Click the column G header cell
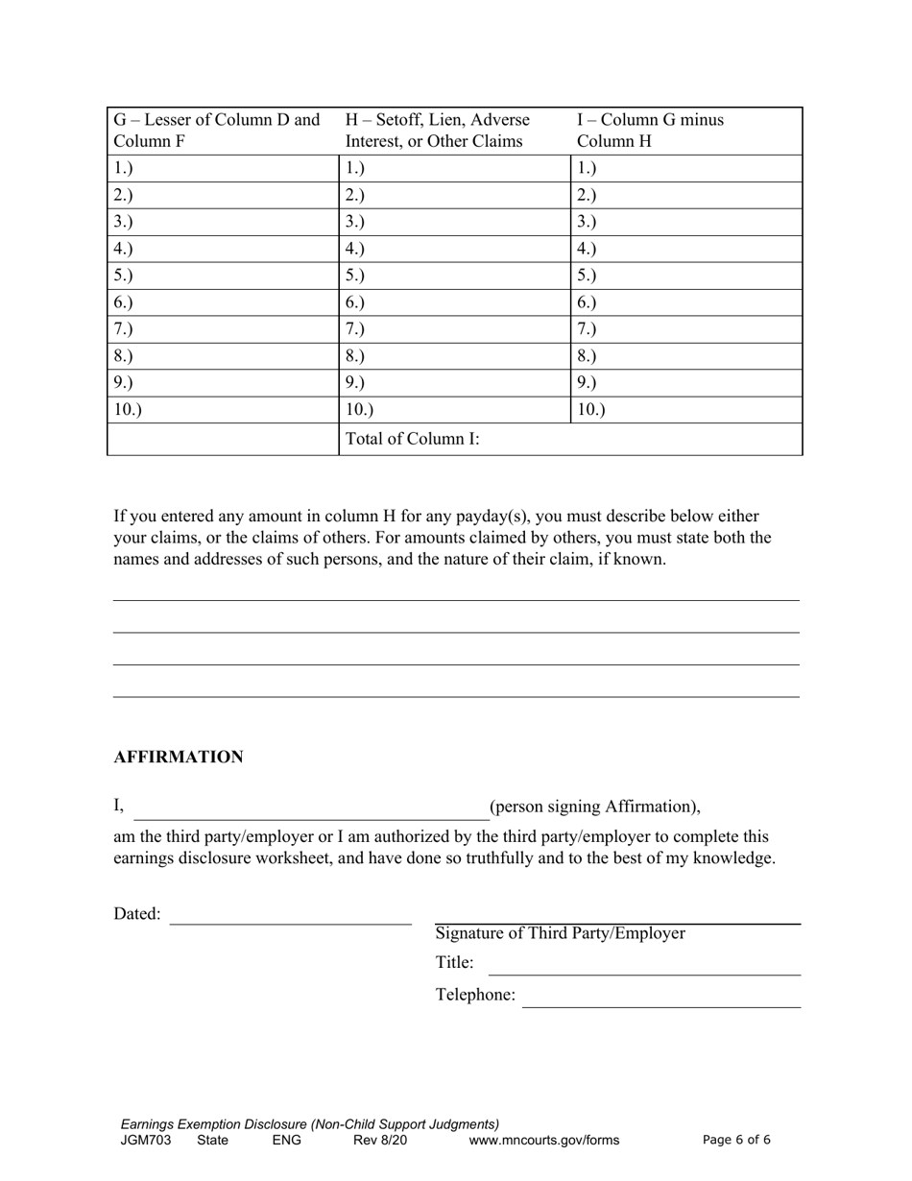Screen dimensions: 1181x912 click(222, 132)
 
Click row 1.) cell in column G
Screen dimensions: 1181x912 click(222, 168)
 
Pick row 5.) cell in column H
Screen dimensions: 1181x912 click(454, 276)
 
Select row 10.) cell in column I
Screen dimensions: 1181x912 click(685, 410)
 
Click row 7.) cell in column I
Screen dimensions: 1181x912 click(685, 329)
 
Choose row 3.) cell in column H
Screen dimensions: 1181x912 click(454, 222)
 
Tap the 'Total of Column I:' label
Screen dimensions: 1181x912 click(412, 440)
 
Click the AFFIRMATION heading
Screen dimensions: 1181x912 click(179, 758)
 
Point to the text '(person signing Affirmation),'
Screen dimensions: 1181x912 click(595, 807)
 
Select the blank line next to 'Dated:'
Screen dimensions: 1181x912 click(290, 916)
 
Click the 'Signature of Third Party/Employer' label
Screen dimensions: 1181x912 click(561, 933)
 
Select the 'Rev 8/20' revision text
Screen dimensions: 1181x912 click(380, 1141)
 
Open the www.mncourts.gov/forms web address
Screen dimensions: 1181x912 click(544, 1141)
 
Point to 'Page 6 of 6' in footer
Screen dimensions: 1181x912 click(736, 1141)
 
